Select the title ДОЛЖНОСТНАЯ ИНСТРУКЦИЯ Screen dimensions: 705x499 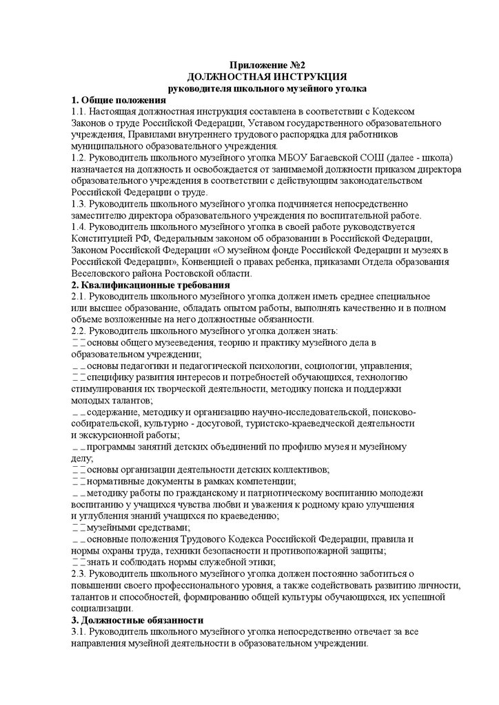[x=267, y=76]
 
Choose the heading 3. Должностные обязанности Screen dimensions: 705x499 [x=138, y=620]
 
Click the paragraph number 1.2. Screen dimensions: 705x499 [x=78, y=158]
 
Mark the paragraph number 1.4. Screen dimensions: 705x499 [x=78, y=227]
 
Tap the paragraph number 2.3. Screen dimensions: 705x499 [x=78, y=574]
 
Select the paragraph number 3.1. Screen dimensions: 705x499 [x=78, y=631]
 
